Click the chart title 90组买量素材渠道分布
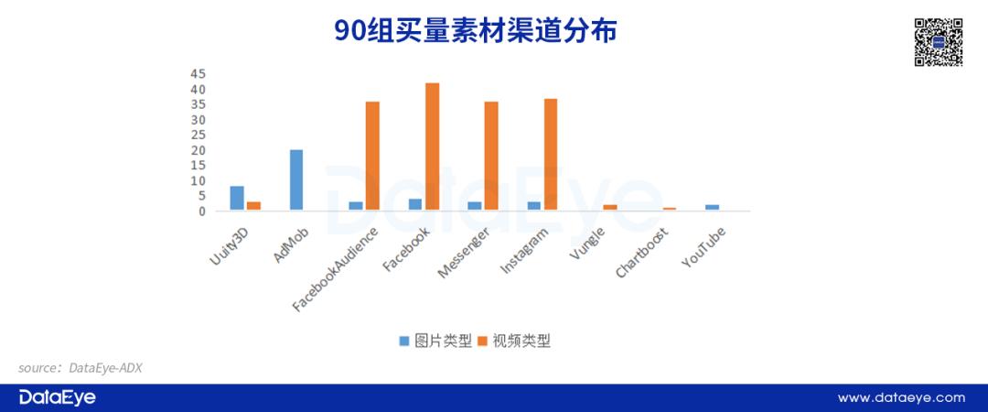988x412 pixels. click(475, 31)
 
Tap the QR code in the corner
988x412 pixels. click(939, 42)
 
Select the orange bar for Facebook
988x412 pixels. click(432, 146)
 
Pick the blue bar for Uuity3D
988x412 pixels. click(237, 198)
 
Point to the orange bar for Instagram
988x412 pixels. click(551, 155)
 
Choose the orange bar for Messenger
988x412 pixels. click(491, 156)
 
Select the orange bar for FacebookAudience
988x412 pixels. click(372, 156)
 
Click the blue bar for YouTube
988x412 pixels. click(712, 208)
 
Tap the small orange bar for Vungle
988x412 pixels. click(610, 208)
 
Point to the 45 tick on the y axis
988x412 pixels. click(198, 74)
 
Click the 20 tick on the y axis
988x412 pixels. click(198, 151)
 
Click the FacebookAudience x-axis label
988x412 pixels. click(336, 269)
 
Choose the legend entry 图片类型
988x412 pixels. click(435, 342)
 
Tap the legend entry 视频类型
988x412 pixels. click(514, 342)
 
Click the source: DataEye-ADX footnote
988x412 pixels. click(80, 368)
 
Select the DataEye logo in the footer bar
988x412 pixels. click(58, 397)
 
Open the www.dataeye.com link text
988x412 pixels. click(901, 398)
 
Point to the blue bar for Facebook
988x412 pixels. click(415, 204)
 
